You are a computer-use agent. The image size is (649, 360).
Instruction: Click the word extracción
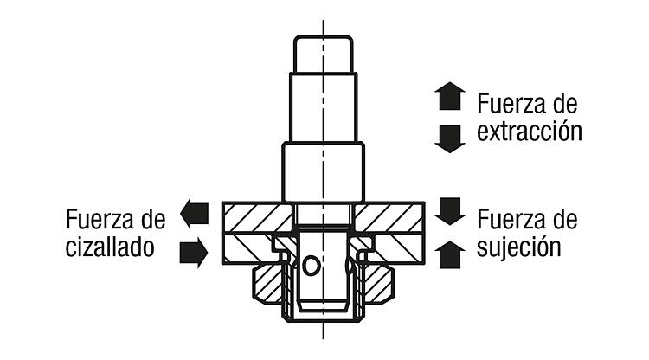pyautogui.click(x=530, y=132)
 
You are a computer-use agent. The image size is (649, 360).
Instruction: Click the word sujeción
pyautogui.click(x=519, y=247)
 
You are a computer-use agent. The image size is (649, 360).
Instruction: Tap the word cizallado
pyautogui.click(x=110, y=247)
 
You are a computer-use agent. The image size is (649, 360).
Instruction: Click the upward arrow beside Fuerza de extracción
pyautogui.click(x=450, y=96)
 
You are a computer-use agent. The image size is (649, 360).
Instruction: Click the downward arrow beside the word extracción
pyautogui.click(x=450, y=139)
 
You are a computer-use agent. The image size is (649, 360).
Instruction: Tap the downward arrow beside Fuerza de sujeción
pyautogui.click(x=450, y=211)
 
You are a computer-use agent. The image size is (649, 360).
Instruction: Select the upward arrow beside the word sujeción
pyautogui.click(x=450, y=255)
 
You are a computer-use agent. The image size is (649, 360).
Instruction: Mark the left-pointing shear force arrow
pyautogui.click(x=194, y=214)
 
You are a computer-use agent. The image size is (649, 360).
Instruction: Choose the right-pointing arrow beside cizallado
pyautogui.click(x=194, y=253)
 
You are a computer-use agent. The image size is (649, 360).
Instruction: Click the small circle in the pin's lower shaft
pyautogui.click(x=312, y=266)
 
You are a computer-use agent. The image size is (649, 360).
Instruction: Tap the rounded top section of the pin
pyautogui.click(x=324, y=55)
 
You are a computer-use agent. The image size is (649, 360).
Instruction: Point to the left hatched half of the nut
pyautogui.click(x=267, y=286)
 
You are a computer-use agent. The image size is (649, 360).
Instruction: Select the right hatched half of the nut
pyautogui.click(x=379, y=286)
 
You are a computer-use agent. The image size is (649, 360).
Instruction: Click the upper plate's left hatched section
pyautogui.click(x=258, y=218)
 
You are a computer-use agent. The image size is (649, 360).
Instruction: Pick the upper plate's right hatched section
pyautogui.click(x=389, y=218)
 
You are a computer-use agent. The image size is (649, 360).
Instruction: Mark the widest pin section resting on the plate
pyautogui.click(x=324, y=171)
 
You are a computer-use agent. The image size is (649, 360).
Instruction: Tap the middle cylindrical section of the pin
pyautogui.click(x=324, y=107)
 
